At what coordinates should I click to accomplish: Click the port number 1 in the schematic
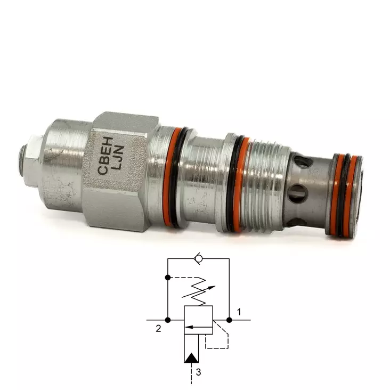[x=239, y=312]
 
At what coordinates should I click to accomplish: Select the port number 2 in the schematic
[x=158, y=329]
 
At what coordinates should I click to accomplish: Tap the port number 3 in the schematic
[x=198, y=372]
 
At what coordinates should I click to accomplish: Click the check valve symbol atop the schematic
[x=198, y=259]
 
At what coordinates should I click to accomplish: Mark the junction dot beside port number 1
[x=229, y=320]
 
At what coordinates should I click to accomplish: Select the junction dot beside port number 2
[x=168, y=320]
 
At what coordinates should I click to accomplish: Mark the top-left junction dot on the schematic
[x=168, y=278]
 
